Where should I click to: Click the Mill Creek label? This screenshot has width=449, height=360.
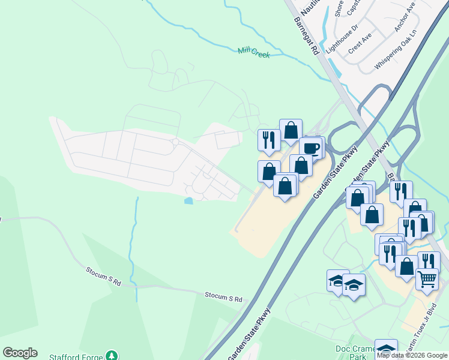point(253,53)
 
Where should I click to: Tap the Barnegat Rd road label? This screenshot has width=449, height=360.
point(306,36)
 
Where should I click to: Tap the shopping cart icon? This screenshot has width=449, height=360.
point(427,278)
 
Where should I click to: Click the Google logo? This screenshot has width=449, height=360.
point(20,353)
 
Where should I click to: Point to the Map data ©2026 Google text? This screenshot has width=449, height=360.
point(412,355)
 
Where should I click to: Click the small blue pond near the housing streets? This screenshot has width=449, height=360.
point(189,201)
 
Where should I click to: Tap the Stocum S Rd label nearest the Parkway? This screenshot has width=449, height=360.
point(223,298)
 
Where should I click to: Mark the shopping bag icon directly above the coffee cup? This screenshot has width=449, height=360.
point(291,130)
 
